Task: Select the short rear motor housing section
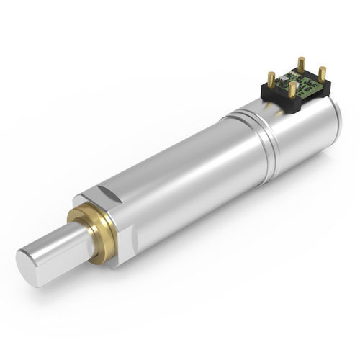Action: [x=302, y=137]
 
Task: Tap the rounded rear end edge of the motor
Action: [x=336, y=122]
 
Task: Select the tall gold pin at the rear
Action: [x=301, y=64]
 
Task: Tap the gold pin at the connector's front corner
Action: [x=292, y=89]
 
